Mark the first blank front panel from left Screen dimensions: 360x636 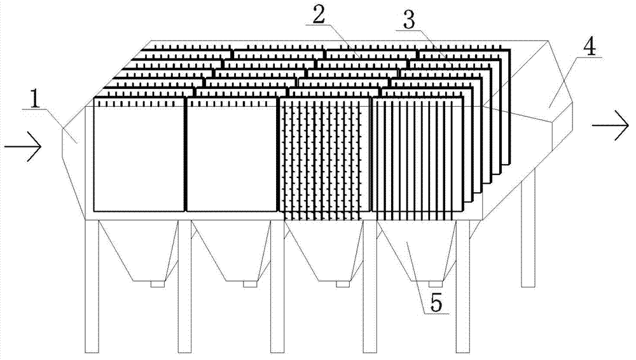click(139, 155)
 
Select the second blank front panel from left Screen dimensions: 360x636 click(232, 155)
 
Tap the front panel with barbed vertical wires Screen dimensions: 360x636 click(324, 155)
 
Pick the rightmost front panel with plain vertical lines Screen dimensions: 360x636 click(417, 155)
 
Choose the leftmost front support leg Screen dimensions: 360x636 click(92, 286)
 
